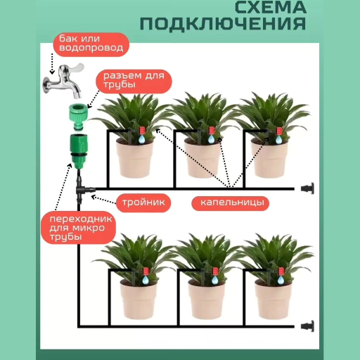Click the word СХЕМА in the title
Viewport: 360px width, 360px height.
[x=269, y=8]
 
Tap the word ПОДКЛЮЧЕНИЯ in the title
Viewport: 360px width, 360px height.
[x=223, y=23]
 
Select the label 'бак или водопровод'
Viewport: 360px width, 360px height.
[x=91, y=44]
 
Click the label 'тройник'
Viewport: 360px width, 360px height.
[x=143, y=202]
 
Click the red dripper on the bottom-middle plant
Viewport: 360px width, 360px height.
[x=212, y=271]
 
